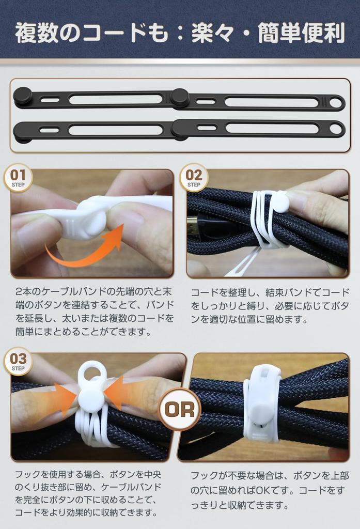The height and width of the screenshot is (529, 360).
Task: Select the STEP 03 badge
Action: pos(18,361)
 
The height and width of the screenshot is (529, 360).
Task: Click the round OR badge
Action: pos(180,410)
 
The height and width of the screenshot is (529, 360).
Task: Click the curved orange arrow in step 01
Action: pos(85,248)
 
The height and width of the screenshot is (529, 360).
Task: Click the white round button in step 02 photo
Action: pos(279,201)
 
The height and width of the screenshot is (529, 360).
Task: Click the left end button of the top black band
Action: pos(22,96)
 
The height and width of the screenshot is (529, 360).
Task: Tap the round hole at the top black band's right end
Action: pos(336,103)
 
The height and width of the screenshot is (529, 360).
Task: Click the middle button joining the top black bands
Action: pos(180,97)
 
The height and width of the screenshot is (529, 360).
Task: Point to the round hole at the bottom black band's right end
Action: pos(336,129)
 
